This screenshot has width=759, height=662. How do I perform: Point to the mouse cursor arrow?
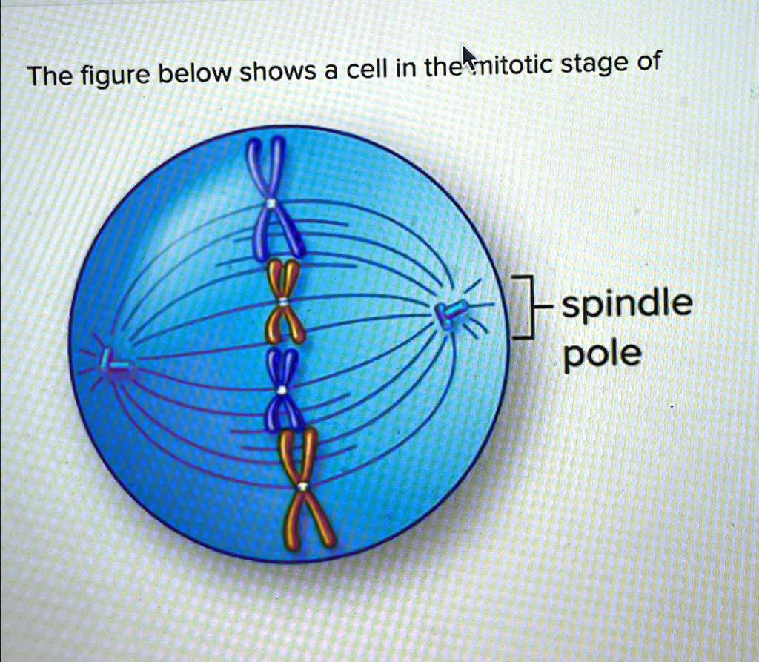pyautogui.click(x=468, y=55)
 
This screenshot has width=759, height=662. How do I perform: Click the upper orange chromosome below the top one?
pyautogui.click(x=285, y=301)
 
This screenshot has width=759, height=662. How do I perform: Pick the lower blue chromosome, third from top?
pyautogui.click(x=282, y=389)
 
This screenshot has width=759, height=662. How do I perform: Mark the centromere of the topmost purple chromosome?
pyautogui.click(x=274, y=202)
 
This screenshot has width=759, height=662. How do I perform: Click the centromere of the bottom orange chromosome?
pyautogui.click(x=302, y=487)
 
